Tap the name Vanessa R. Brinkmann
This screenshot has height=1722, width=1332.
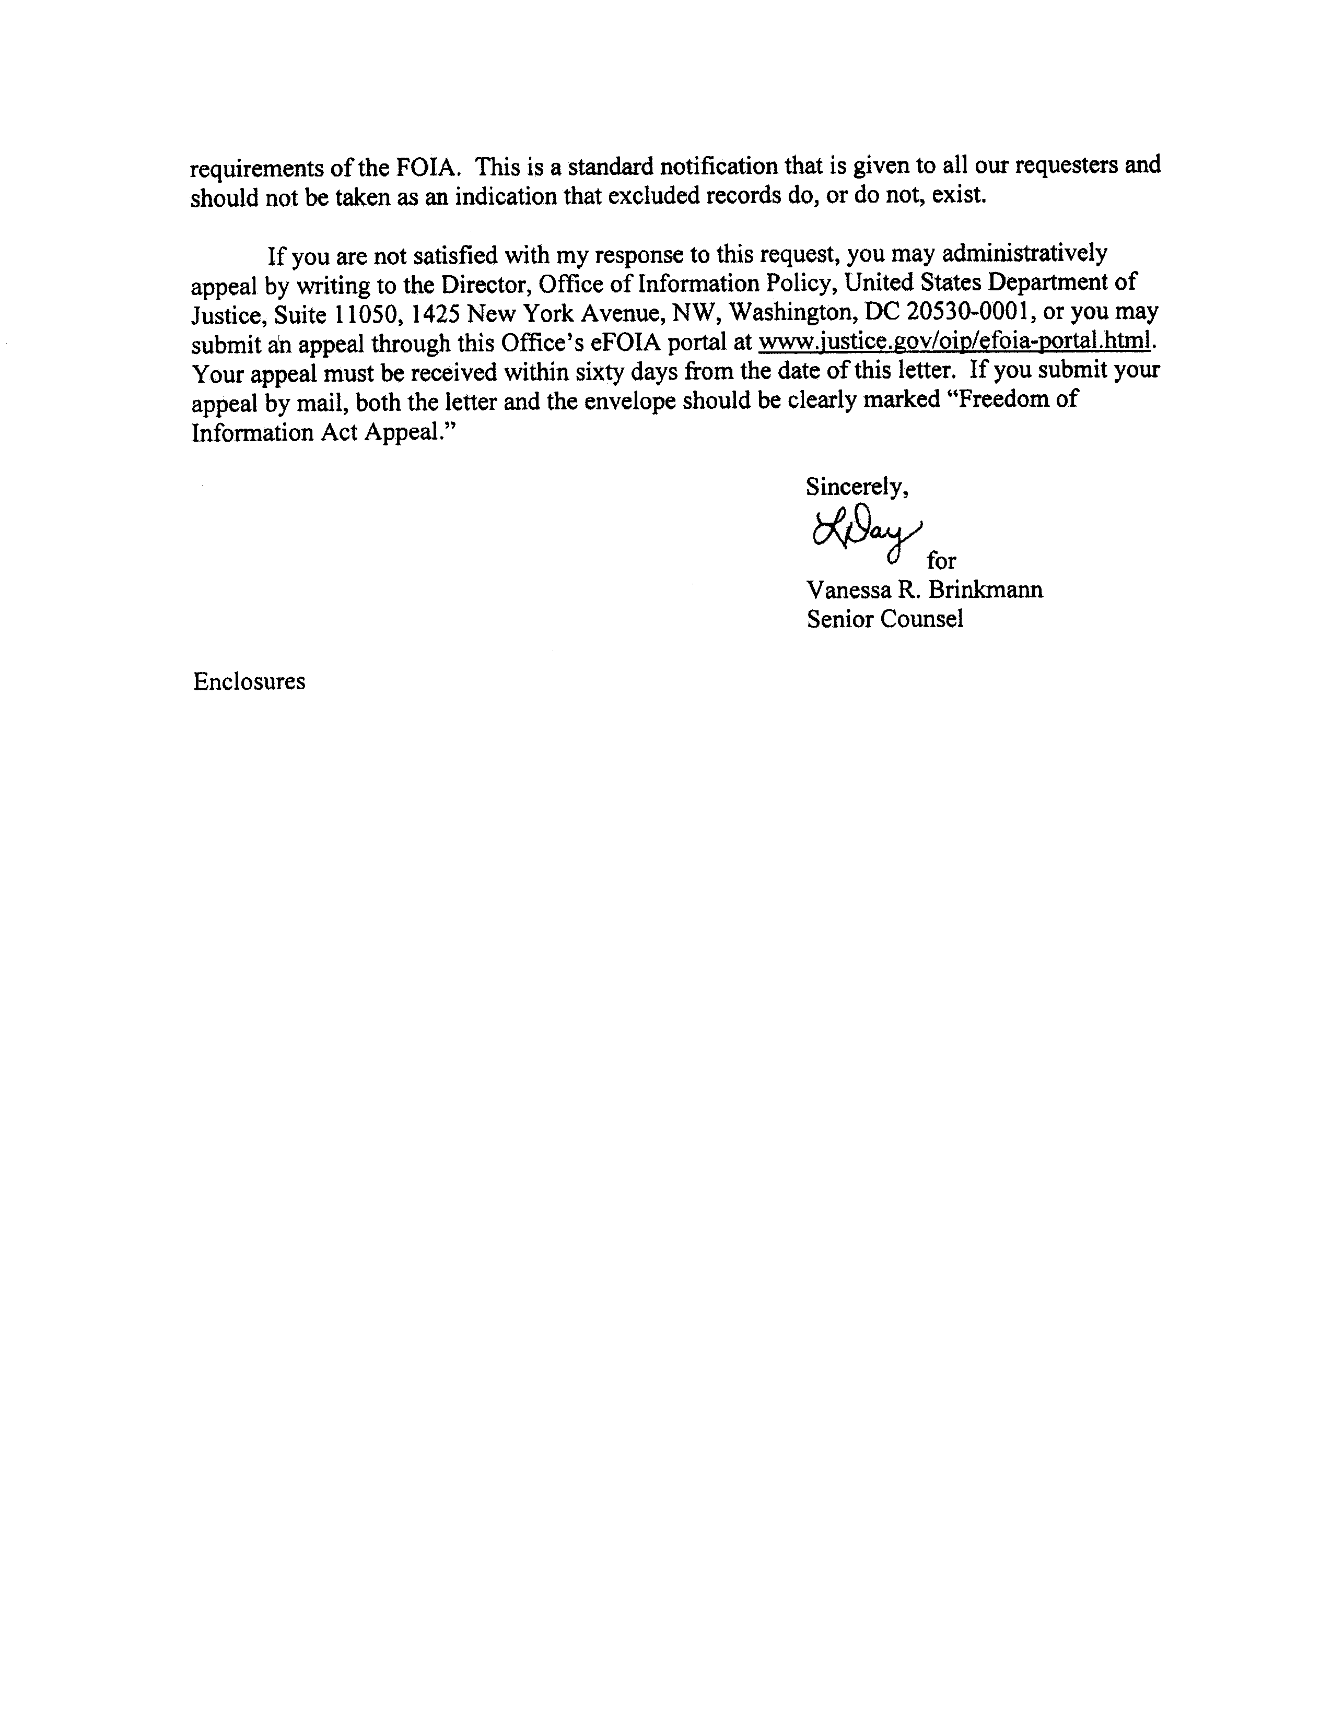(x=924, y=590)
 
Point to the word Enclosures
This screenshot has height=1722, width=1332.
(x=249, y=681)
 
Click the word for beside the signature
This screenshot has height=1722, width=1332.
(x=942, y=561)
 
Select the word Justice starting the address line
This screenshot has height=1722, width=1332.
(x=226, y=315)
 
